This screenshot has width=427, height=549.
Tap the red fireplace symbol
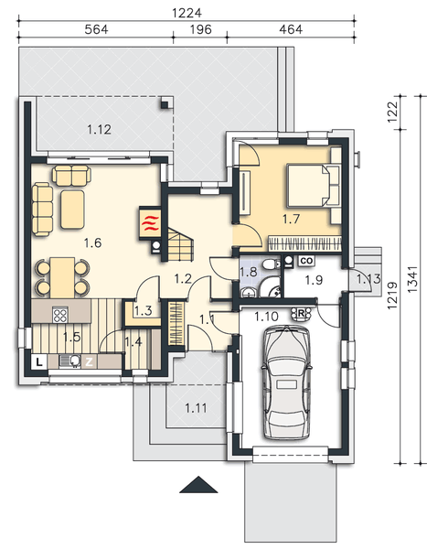149,221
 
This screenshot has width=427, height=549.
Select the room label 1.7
291,220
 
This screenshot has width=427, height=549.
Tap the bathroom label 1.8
248,272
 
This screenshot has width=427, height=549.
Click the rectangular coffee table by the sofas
73,207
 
